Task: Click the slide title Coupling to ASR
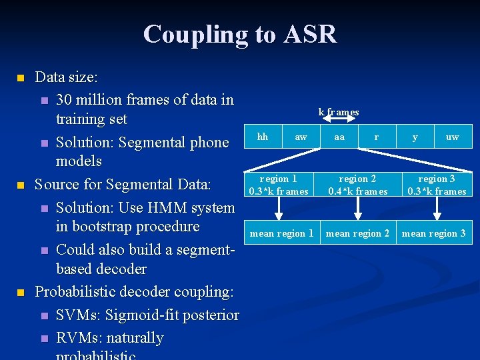[240, 34]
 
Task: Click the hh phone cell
[263, 137]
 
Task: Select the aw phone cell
[301, 137]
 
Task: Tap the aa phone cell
[339, 137]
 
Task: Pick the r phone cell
[377, 137]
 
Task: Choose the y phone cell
[415, 137]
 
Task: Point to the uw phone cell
[452, 137]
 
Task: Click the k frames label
[339, 112]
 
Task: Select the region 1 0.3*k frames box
[279, 185]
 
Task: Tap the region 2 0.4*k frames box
[358, 185]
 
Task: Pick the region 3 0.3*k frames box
[437, 185]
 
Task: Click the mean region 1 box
[281, 233]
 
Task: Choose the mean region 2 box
[358, 233]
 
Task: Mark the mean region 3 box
[434, 233]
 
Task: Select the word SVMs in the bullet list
[77, 315]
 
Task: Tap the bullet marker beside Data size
[20, 78]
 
